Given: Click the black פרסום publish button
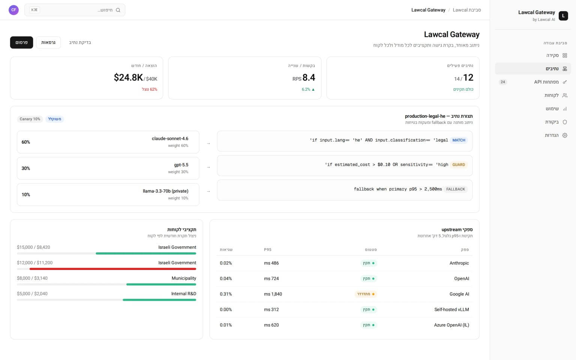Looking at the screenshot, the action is coord(22,42).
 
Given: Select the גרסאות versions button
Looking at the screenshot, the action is coord(48,42).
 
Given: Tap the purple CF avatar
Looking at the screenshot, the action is coord(13,10).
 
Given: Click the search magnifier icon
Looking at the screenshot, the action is coord(118,10).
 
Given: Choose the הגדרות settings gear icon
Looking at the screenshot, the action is coord(565,135).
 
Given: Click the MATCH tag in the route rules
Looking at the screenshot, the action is coord(459,140).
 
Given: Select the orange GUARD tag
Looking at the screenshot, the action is coord(459,165).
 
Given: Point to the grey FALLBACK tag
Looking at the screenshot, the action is coord(456,189).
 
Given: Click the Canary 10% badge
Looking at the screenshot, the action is coord(30,119).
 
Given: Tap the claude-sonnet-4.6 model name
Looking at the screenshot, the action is coord(170,139).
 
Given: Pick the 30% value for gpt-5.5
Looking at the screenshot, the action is coord(26,168).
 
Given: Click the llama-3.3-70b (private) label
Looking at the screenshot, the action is coord(166,191).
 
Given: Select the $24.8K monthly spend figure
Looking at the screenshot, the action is coord(128,77).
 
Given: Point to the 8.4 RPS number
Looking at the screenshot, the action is coord(309,77).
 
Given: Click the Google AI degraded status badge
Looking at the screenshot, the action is coord(366,294).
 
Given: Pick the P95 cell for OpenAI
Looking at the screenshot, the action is coord(271,279).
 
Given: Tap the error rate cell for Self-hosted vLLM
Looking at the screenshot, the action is coord(226,310).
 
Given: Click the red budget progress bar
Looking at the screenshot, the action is coord(113,269).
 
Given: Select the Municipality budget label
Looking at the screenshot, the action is coord(184,278).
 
